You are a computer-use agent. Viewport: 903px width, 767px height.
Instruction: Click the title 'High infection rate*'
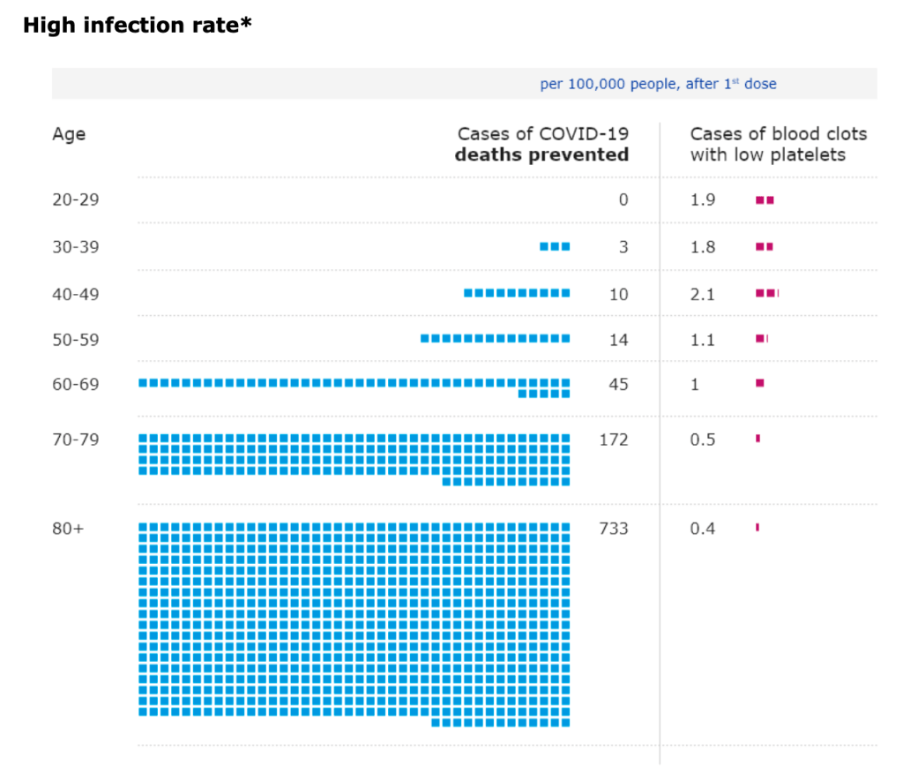tap(137, 25)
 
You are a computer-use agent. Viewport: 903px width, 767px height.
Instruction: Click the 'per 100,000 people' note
tap(658, 85)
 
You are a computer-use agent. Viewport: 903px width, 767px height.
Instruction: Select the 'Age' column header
tap(69, 134)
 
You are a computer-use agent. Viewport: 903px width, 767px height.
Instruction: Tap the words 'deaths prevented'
tap(541, 155)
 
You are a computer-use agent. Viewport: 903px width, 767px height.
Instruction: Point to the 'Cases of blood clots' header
tap(778, 134)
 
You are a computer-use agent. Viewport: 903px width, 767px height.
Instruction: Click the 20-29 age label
tap(75, 200)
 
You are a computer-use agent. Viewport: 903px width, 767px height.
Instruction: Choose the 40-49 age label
tap(75, 294)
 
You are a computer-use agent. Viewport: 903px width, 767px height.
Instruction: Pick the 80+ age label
tap(69, 529)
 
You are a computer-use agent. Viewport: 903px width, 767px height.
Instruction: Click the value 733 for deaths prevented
tap(614, 529)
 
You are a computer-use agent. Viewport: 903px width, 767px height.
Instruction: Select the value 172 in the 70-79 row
tap(614, 440)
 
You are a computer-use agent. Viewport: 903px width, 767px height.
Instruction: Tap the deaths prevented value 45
tap(619, 384)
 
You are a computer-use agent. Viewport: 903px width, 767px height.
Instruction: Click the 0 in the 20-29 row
tap(623, 200)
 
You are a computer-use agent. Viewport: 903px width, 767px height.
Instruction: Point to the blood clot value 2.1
tap(702, 294)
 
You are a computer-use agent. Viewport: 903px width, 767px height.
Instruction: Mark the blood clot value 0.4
tap(702, 529)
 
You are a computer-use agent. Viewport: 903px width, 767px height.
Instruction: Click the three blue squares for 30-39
tap(555, 246)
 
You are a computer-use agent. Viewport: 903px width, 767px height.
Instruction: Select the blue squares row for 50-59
tap(496, 338)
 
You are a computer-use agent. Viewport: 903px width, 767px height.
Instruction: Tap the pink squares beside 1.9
tap(765, 200)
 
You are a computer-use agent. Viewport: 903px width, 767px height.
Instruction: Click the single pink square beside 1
tap(760, 383)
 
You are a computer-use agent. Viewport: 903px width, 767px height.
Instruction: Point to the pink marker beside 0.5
tap(757, 438)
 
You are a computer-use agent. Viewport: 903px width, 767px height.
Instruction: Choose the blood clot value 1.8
tap(702, 247)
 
